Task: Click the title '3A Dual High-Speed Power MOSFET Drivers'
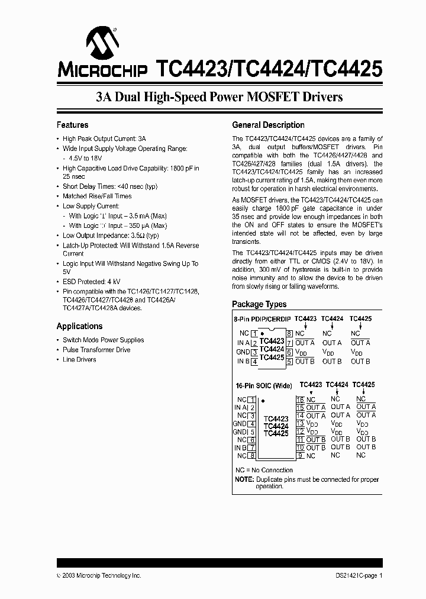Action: pyautogui.click(x=220, y=97)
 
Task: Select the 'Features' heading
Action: pyautogui.click(x=72, y=125)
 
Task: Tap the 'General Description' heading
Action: pyautogui.click(x=268, y=125)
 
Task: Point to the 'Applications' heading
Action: pyautogui.click(x=79, y=326)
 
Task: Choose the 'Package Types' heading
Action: pyautogui.click(x=259, y=304)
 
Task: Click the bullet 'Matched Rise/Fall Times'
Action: pyautogui.click(x=97, y=196)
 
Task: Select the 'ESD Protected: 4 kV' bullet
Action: pyautogui.click(x=92, y=282)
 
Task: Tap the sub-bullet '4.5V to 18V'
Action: pyautogui.click(x=86, y=159)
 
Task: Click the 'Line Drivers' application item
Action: pyautogui.click(x=79, y=359)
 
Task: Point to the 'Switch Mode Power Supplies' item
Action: pyautogui.click(x=103, y=340)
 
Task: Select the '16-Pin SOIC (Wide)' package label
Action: pyautogui.click(x=264, y=385)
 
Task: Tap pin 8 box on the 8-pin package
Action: pyautogui.click(x=289, y=333)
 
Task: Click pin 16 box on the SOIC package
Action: pyautogui.click(x=300, y=400)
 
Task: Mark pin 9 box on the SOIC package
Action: pyautogui.click(x=300, y=455)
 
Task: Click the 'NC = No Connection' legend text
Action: pyautogui.click(x=264, y=470)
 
